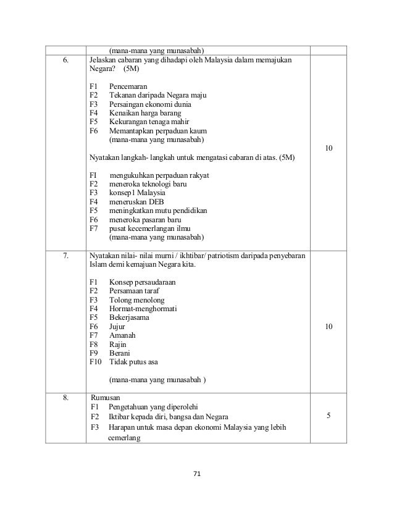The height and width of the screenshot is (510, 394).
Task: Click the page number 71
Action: (x=197, y=474)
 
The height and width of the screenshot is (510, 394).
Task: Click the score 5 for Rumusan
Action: (x=328, y=417)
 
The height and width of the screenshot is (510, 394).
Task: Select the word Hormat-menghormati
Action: (x=143, y=309)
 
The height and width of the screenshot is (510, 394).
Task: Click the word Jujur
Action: (x=117, y=327)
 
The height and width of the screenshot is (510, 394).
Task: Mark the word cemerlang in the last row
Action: (x=124, y=438)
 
